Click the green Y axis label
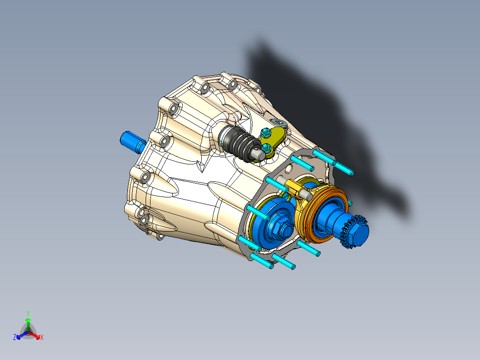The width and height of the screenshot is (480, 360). [28, 313]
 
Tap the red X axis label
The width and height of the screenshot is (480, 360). [41, 338]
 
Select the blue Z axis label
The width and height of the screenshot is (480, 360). [15, 338]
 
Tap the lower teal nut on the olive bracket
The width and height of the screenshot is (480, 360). [266, 148]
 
